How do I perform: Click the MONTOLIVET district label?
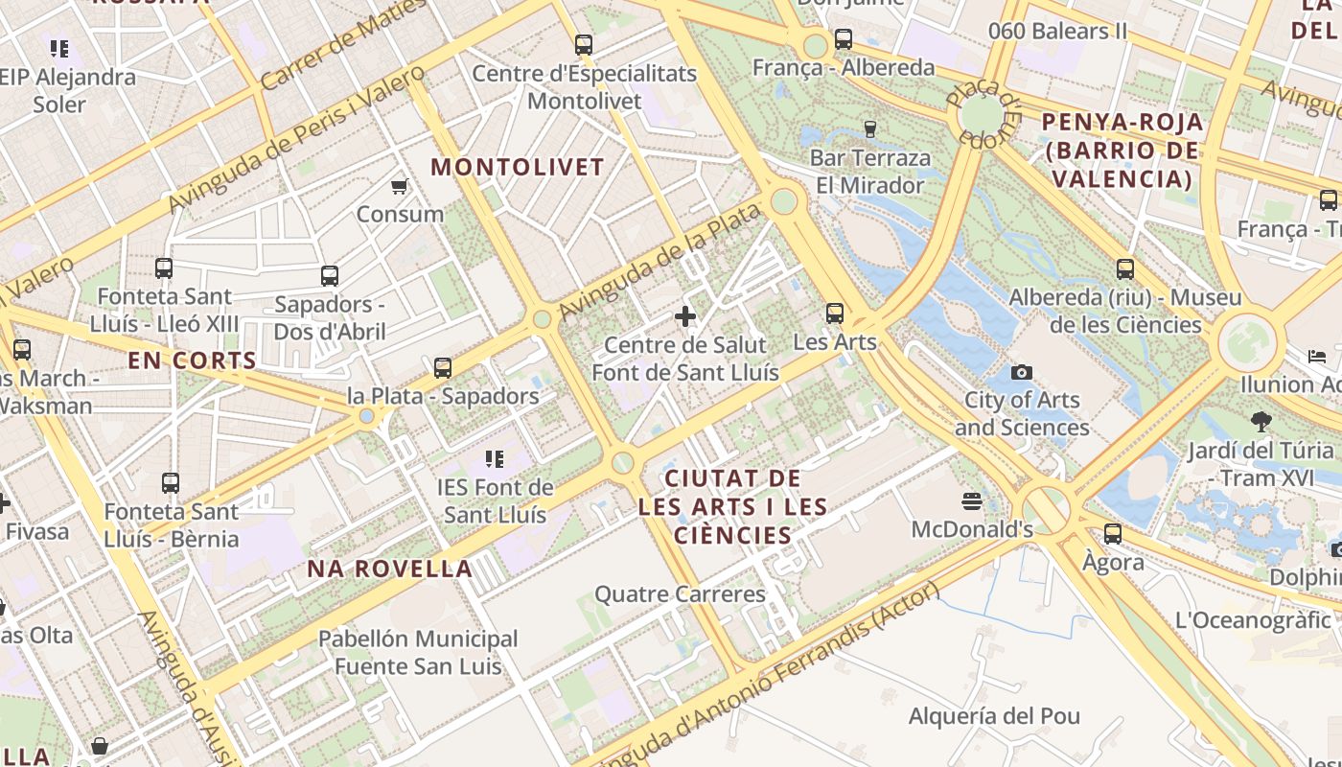[518, 167]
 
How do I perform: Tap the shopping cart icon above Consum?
[400, 186]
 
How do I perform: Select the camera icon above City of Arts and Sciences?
[1022, 372]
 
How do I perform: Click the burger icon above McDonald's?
[972, 501]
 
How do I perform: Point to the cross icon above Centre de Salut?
[685, 315]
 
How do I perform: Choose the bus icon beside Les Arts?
[835, 314]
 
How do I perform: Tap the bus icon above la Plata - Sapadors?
[443, 367]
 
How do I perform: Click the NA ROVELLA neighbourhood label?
[390, 569]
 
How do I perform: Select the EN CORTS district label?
[193, 360]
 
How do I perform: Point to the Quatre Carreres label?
[681, 594]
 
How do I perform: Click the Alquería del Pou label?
[994, 716]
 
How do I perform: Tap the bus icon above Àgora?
[1113, 534]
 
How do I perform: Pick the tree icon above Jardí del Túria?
[1261, 421]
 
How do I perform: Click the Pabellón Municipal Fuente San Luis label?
[418, 652]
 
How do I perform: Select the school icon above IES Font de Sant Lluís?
[495, 459]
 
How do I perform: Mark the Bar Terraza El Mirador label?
[870, 172]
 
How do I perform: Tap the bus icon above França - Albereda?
[844, 39]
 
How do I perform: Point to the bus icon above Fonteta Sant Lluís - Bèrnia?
[171, 483]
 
